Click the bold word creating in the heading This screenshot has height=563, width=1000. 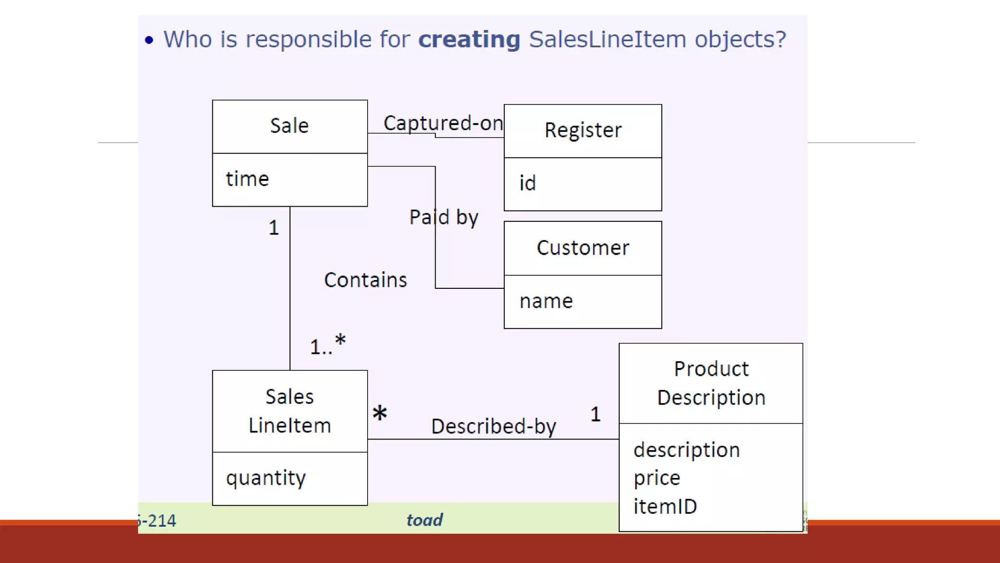point(469,40)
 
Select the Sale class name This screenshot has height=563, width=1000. point(290,126)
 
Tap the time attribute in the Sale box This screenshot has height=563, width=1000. point(247,179)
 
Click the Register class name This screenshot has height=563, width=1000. point(583,130)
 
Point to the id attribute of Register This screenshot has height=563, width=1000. point(527,183)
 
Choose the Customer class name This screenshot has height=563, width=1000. point(583,248)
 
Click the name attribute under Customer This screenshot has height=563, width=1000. point(546,301)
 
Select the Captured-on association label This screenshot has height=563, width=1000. point(442,123)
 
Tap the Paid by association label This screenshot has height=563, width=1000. point(443,217)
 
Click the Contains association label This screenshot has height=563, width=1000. point(365,280)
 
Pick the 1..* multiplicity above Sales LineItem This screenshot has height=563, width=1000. point(328,345)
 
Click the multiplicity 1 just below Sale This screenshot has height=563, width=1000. point(274,228)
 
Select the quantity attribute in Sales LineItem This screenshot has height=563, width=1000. point(266,478)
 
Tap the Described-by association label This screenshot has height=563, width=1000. point(493,426)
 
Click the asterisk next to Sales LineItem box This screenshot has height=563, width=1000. point(379,413)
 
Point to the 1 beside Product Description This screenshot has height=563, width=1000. point(595,414)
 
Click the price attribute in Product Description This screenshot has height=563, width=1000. point(657,478)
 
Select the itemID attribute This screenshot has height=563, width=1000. point(665,506)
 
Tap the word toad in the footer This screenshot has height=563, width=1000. point(424,520)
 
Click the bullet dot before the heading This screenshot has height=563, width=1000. point(149,40)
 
